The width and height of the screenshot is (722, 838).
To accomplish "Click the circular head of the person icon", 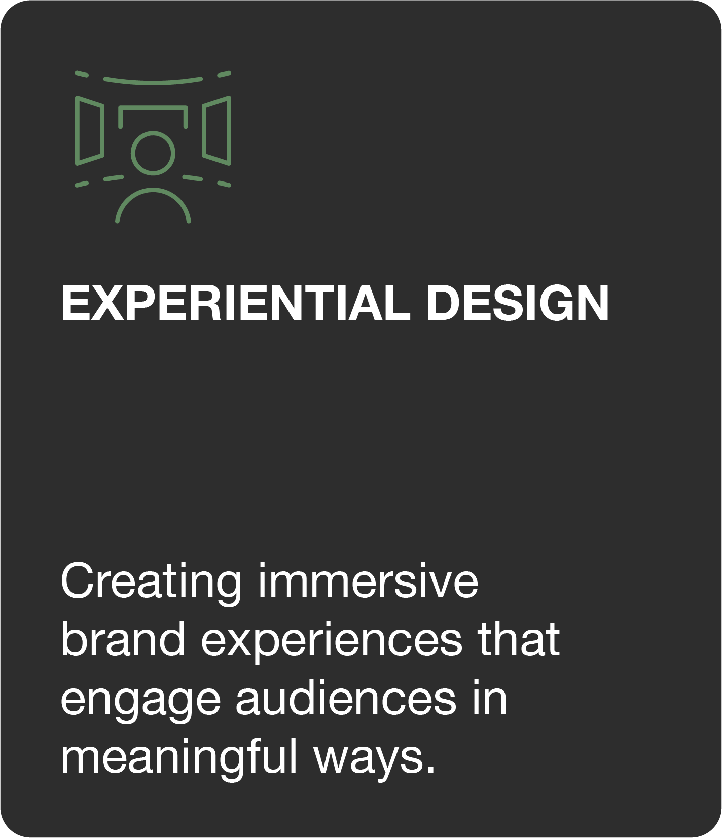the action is [x=153, y=153].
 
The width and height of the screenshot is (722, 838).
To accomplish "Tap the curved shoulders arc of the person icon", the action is [x=153, y=189].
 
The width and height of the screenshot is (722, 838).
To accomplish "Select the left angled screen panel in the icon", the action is [x=90, y=131].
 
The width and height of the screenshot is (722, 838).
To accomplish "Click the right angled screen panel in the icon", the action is [x=216, y=131].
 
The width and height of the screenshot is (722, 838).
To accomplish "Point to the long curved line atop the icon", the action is [x=153, y=82].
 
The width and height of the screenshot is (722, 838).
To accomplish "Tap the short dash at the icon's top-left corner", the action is [x=82, y=75].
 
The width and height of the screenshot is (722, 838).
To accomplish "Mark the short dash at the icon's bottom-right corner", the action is [x=224, y=184].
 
